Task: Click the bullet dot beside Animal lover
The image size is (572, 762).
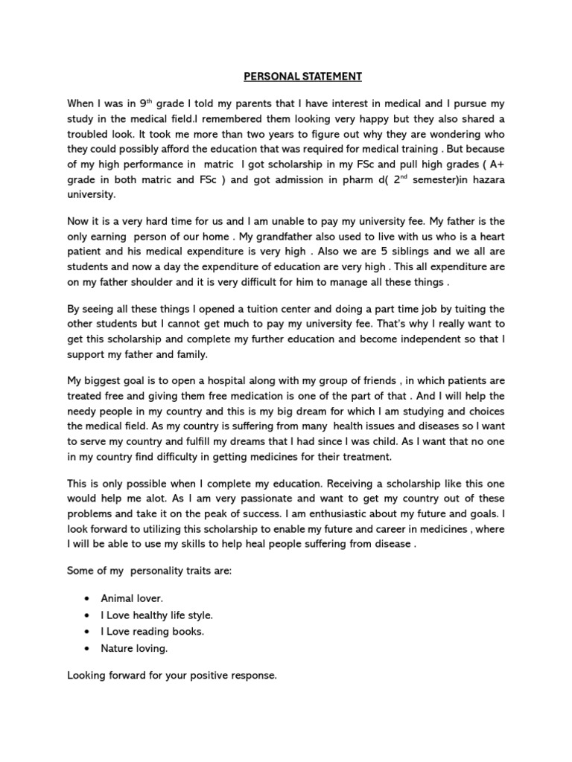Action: [89, 598]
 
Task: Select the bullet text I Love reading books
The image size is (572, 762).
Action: [153, 632]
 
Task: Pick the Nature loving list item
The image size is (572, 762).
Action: [135, 648]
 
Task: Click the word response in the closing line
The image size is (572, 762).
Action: [253, 676]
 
